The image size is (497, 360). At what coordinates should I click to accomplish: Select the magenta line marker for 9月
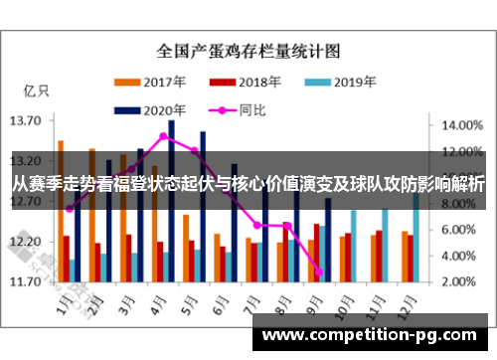(x=319, y=271)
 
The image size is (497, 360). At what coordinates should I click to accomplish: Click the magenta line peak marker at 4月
(x=164, y=136)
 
